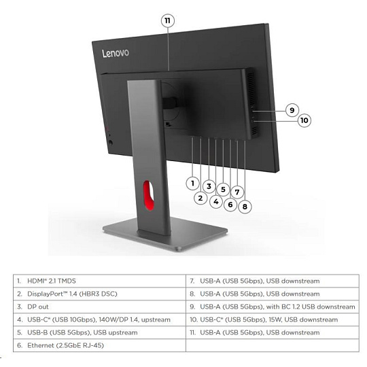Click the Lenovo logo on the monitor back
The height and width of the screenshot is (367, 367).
116,54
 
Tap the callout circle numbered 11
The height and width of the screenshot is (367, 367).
168,21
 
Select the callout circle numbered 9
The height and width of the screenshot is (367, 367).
292,110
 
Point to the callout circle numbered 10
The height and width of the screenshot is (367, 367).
304,120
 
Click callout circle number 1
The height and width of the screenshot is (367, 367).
192,183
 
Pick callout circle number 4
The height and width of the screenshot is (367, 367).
216,201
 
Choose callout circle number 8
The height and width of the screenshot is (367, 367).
245,207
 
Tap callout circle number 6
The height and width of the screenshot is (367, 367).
230,205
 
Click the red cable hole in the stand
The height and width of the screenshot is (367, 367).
148,195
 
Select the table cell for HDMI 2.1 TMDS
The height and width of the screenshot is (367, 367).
99,281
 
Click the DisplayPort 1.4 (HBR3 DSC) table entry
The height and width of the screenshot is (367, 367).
99,294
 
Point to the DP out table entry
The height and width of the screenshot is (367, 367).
99,307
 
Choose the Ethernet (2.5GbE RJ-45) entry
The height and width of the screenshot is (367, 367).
99,345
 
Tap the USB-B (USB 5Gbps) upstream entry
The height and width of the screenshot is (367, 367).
99,332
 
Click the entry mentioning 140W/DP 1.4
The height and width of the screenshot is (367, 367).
99,319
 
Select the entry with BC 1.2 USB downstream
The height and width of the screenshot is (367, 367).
273,307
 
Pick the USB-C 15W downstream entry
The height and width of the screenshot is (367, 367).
273,319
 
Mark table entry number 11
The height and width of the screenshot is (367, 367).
273,332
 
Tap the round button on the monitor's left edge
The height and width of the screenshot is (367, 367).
111,142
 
